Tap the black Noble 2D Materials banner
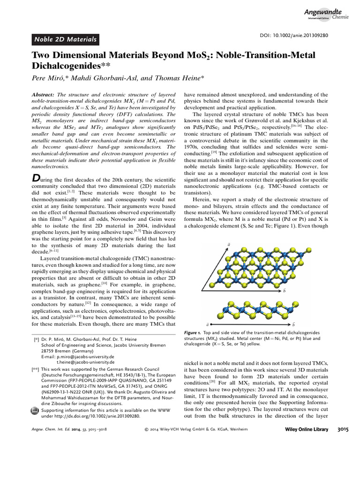(x=66, y=39)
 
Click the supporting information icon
(x=35, y=411)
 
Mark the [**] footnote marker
(x=35, y=369)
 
